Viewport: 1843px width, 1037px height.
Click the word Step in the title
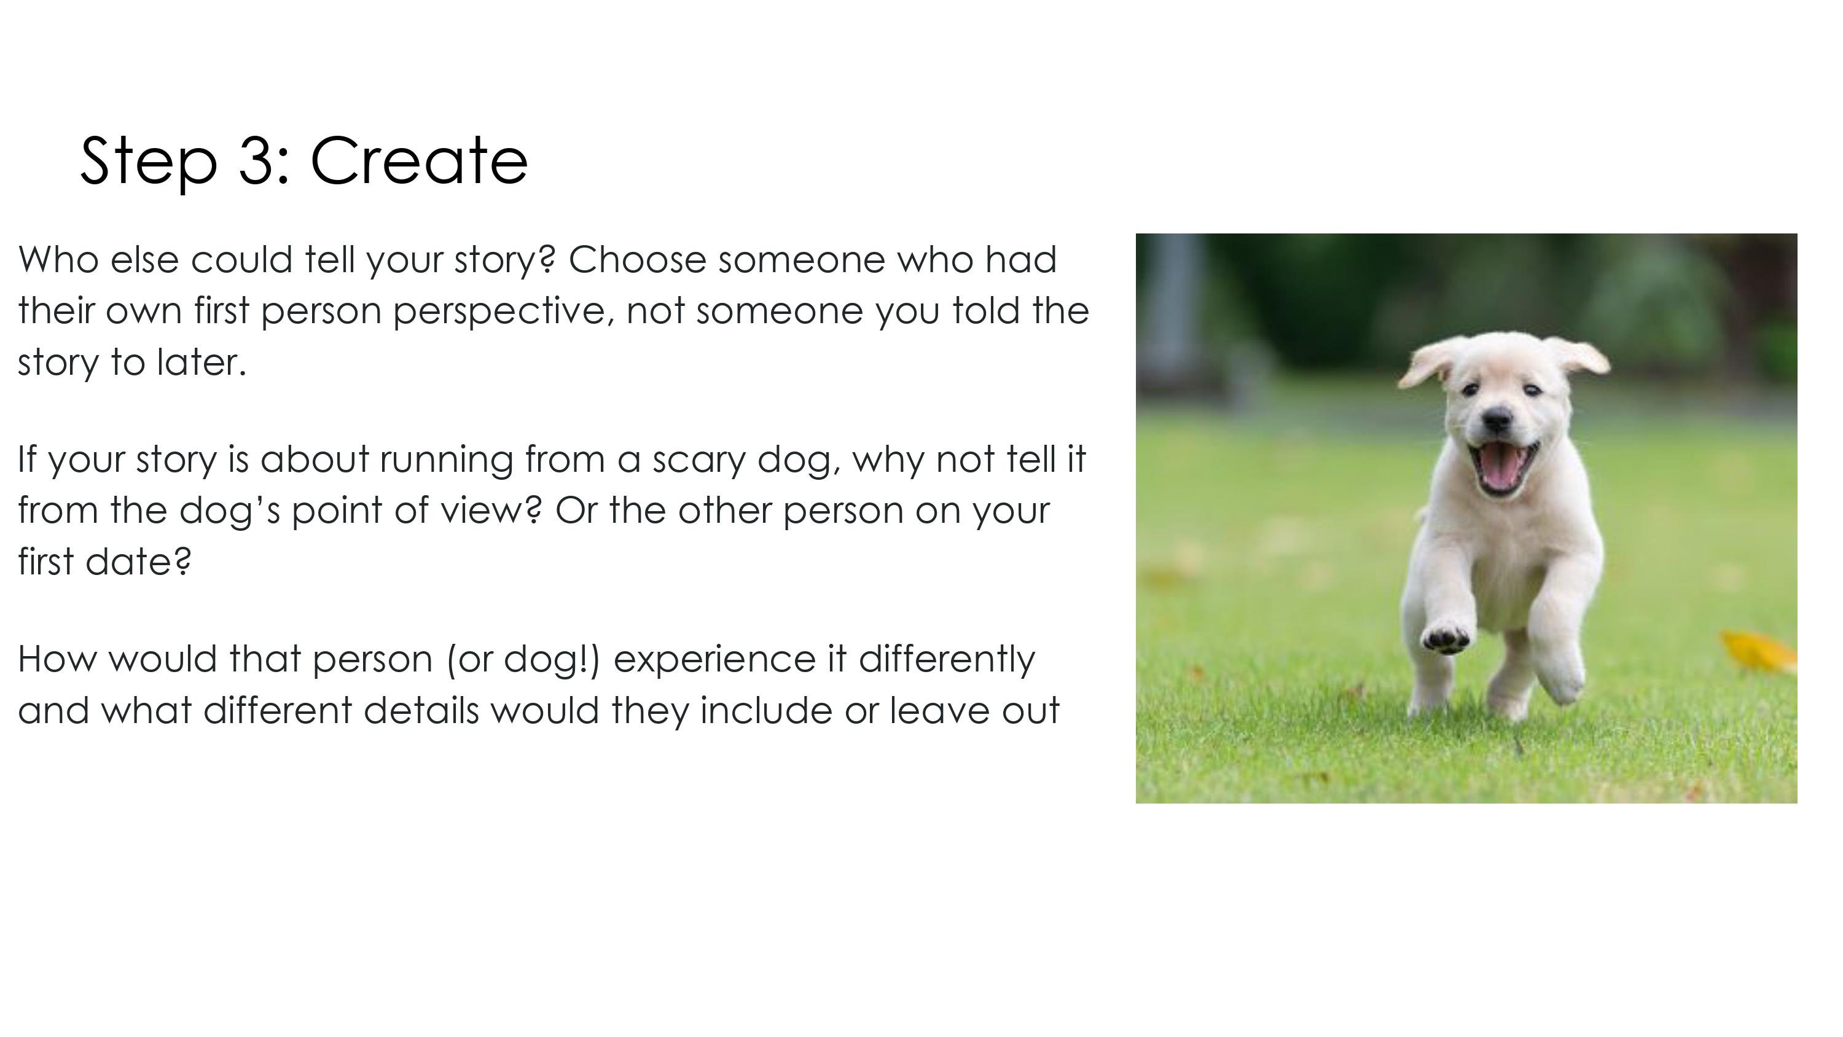point(149,163)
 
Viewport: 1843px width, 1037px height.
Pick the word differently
point(947,660)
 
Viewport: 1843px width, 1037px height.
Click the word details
point(421,711)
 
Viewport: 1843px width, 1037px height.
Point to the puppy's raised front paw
point(1446,637)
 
